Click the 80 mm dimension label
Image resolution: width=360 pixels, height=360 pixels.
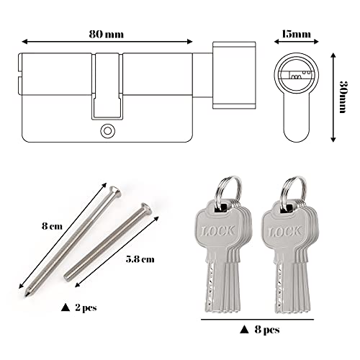point(107,35)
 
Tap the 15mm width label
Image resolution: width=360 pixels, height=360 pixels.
point(296,34)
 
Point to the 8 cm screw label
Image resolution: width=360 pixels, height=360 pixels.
point(52,226)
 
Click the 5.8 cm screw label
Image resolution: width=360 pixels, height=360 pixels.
point(140,259)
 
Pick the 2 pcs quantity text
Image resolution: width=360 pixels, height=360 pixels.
point(86,307)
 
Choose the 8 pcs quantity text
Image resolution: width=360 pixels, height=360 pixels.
point(267,330)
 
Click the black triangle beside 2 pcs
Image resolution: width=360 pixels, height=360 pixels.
point(66,307)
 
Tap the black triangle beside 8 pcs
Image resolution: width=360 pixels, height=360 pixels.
point(244,330)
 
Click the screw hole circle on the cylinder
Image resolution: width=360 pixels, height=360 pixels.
point(107,131)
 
